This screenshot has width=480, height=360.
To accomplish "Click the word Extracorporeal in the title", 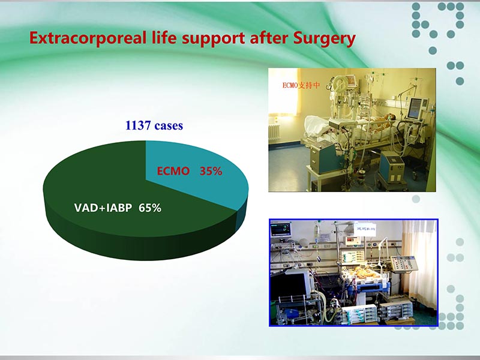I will click(x=83, y=38).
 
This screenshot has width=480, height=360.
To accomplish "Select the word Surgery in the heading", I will click(x=323, y=39).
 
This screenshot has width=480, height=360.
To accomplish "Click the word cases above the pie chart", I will click(x=169, y=127).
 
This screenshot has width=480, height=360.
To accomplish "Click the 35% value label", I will click(x=211, y=171).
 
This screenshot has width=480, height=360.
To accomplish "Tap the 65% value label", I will click(x=149, y=208).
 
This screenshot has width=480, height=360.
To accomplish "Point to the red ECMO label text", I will click(x=173, y=171).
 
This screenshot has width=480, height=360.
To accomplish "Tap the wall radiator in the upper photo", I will click(x=274, y=131).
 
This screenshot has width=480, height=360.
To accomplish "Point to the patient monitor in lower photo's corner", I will click(x=280, y=229).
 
